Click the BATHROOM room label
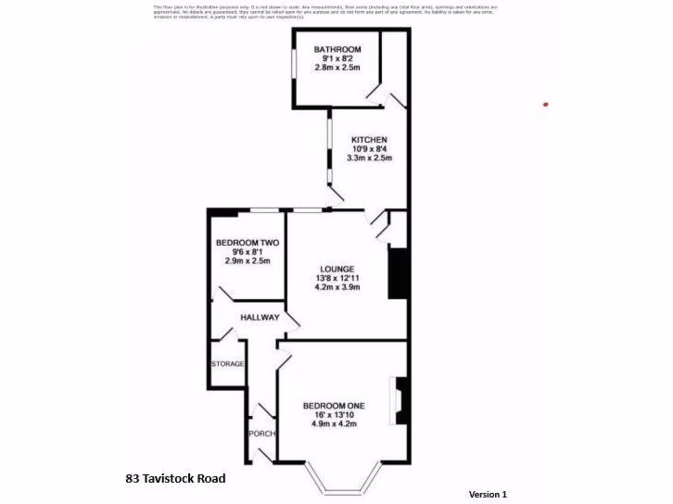[x=337, y=49]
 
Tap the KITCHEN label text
[x=369, y=140]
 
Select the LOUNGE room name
[x=337, y=269]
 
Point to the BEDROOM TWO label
[x=247, y=243]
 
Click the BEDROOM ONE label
[x=333, y=406]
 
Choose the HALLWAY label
[x=260, y=318]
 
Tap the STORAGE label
[x=227, y=364]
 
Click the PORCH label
[x=262, y=434]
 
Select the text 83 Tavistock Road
[x=175, y=478]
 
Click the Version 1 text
[x=488, y=494]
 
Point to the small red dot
[x=545, y=104]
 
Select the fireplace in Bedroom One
[x=401, y=401]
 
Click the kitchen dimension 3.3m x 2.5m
[x=369, y=157]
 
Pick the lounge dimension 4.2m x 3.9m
[x=337, y=287]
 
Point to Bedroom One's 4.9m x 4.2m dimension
[x=333, y=423]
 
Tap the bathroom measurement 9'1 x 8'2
[x=337, y=58]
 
